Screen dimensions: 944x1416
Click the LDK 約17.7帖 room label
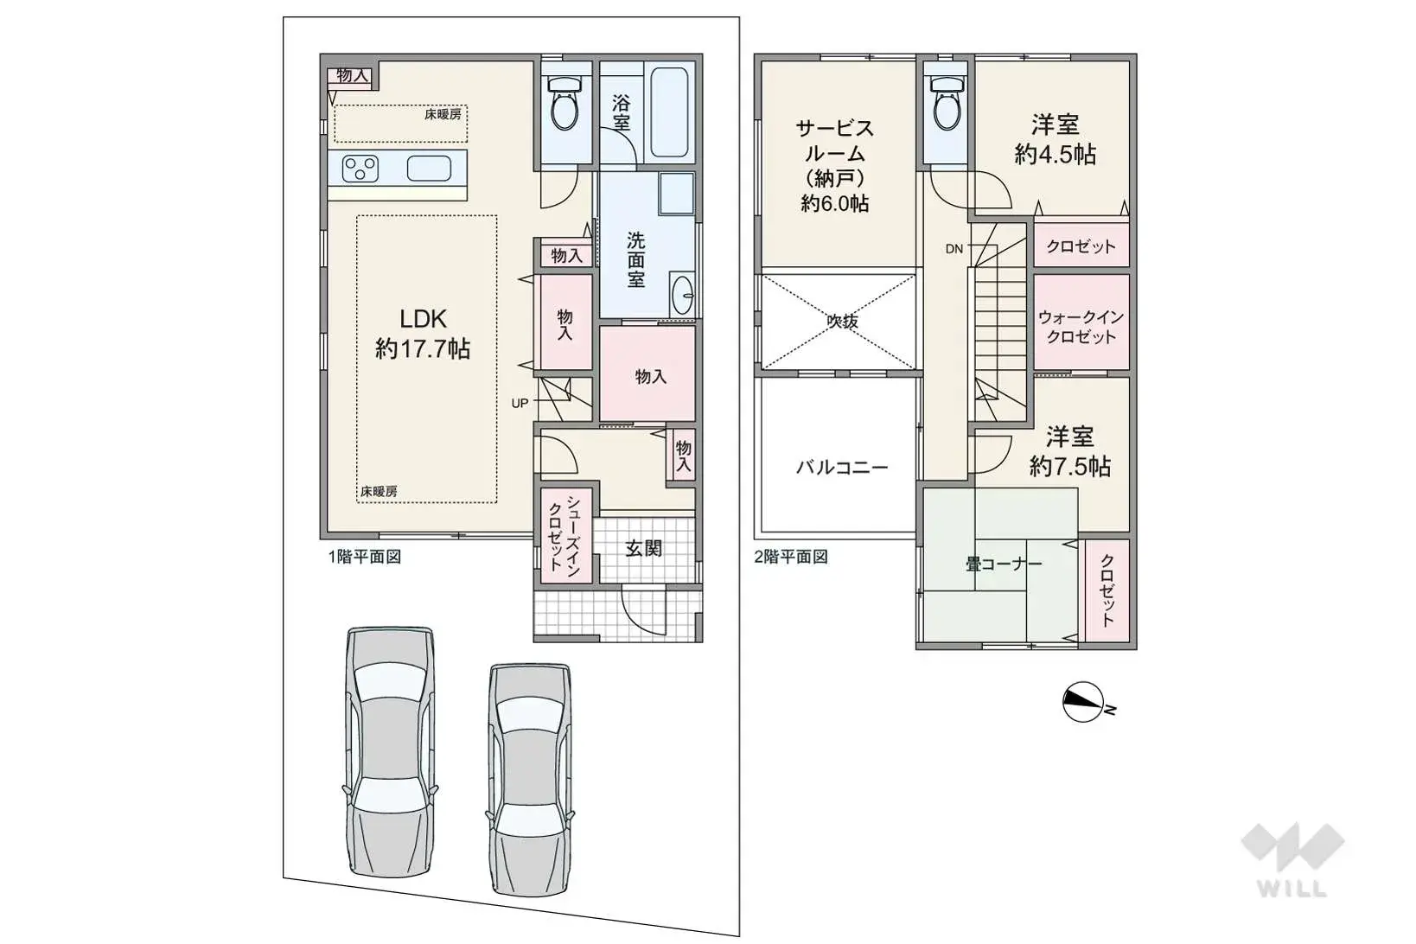pos(423,334)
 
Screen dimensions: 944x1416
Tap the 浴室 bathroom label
pos(621,112)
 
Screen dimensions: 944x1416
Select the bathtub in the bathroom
pos(669,113)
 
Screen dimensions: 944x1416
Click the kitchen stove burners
pos(360,168)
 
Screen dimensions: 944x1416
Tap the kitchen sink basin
pos(429,168)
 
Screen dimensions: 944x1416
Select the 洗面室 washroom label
pos(635,259)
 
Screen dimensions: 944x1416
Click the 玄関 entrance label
pos(643,548)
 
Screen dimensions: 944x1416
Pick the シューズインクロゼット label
pos(564,533)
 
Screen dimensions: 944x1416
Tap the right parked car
pos(529,778)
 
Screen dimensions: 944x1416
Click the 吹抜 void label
pos(842,322)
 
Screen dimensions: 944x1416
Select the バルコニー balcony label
pos(841,468)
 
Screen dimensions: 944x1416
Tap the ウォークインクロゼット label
pos(1081,327)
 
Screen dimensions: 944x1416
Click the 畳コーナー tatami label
pos(1004,564)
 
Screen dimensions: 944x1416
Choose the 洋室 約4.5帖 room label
pos(1055,139)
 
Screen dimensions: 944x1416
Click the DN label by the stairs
pos(954,249)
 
